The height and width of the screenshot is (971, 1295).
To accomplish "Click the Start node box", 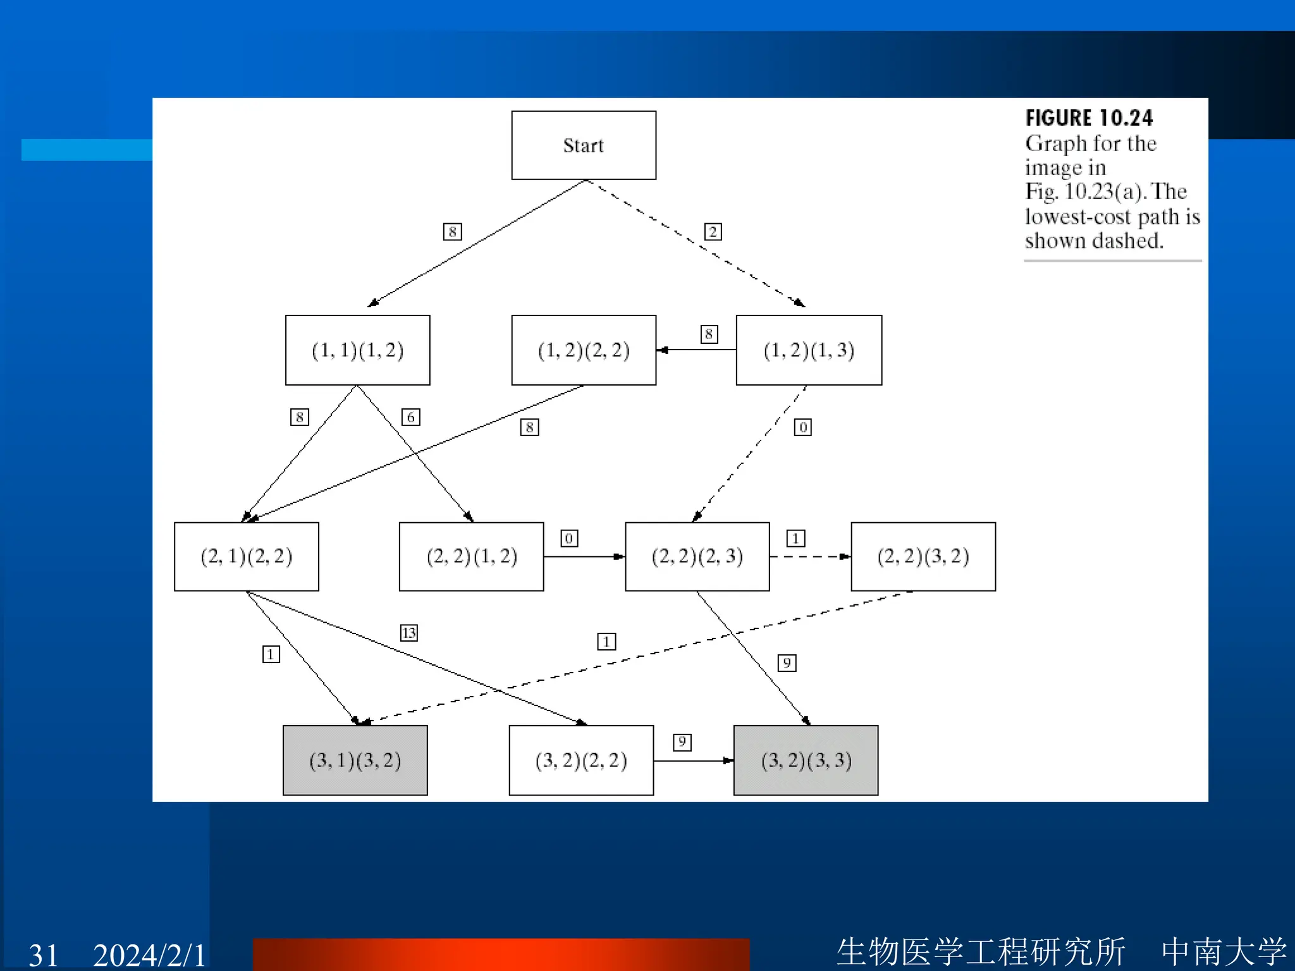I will tap(583, 145).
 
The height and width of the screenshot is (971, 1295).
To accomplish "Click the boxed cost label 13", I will tap(409, 633).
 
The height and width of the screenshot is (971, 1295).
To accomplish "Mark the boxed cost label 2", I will tap(713, 232).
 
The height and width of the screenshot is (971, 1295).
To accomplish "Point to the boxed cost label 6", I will tap(410, 417).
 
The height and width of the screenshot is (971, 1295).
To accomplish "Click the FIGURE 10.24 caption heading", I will tap(1089, 118).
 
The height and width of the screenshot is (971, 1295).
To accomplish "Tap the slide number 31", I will tap(43, 955).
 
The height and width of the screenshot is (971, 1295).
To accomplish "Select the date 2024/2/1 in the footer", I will tap(149, 955).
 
